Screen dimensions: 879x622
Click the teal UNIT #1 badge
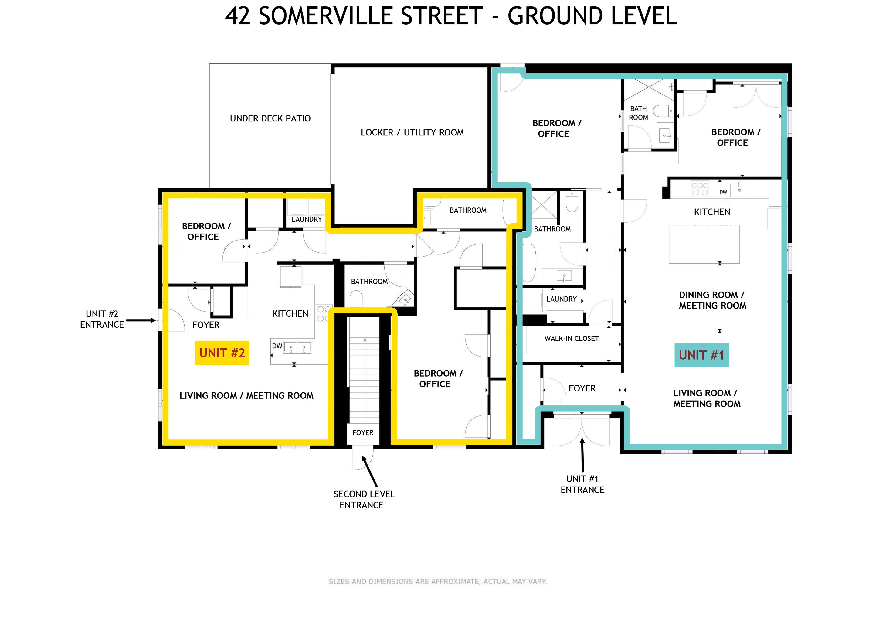click(x=701, y=355)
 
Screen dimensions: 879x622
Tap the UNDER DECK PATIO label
click(x=270, y=118)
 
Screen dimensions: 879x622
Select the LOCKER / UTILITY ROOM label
click(x=412, y=132)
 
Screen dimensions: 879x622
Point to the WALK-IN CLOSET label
click(x=572, y=339)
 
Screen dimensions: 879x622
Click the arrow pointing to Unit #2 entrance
click(x=141, y=320)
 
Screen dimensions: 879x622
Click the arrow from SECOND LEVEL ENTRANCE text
click(x=369, y=471)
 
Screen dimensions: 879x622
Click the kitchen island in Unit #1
click(x=704, y=244)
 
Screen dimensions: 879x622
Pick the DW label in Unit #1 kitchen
click(x=723, y=192)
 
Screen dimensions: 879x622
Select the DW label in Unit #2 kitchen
click(x=277, y=346)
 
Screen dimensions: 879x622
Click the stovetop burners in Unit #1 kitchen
click(x=700, y=189)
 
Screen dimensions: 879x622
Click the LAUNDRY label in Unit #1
click(x=561, y=299)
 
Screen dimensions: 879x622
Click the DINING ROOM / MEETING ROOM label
click(x=712, y=300)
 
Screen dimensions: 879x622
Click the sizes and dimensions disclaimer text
click(x=438, y=581)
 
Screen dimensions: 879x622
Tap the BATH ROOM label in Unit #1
click(x=638, y=113)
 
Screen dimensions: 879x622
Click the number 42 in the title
click(x=237, y=16)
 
